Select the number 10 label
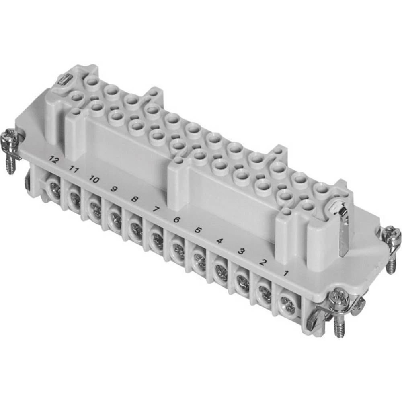pyautogui.click(x=93, y=179)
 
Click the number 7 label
pyautogui.click(x=155, y=209)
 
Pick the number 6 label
pyautogui.click(x=176, y=219)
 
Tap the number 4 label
pyautogui.click(x=219, y=241)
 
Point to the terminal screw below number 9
pyautogui.click(x=116, y=219)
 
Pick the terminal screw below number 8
pyautogui.click(x=136, y=230)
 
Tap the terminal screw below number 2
pyautogui.click(x=265, y=292)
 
